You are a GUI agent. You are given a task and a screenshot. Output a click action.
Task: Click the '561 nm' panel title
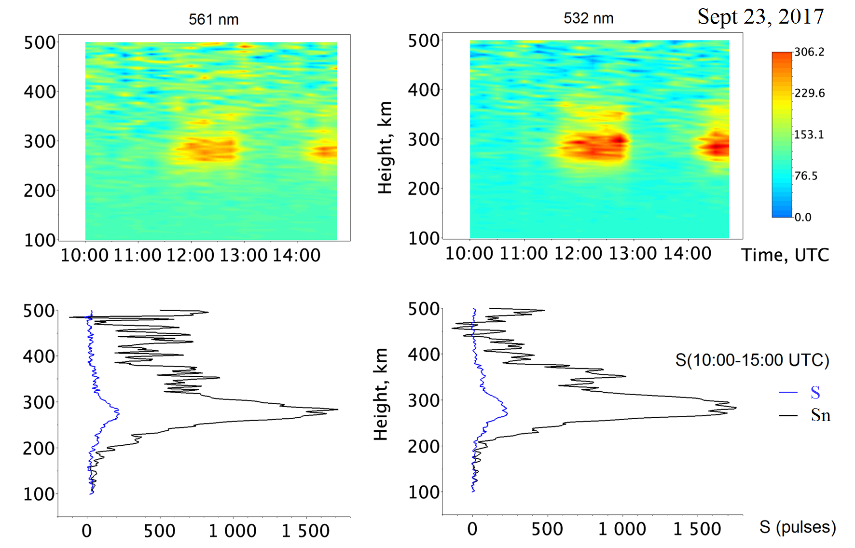click(x=213, y=19)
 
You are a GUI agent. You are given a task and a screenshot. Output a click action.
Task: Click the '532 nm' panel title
click(x=588, y=18)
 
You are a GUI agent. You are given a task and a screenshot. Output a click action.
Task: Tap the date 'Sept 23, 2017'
click(x=760, y=16)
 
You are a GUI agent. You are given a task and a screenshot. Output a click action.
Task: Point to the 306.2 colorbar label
click(x=809, y=52)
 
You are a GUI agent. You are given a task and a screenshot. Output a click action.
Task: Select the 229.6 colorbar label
click(x=809, y=93)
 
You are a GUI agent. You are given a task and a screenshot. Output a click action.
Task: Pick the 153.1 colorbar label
click(x=809, y=135)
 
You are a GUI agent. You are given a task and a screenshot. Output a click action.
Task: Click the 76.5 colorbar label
click(x=806, y=176)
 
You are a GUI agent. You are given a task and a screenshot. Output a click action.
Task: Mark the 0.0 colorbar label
click(x=803, y=217)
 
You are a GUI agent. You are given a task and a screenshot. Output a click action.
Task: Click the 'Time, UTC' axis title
click(x=785, y=255)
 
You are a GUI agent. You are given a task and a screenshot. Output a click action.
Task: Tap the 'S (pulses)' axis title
click(x=797, y=527)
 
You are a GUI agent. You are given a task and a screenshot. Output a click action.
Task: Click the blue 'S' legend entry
click(x=815, y=393)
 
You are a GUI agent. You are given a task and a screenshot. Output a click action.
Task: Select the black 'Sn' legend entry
click(x=820, y=415)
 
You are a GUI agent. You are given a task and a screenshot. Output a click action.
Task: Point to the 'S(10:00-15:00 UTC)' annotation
click(x=752, y=360)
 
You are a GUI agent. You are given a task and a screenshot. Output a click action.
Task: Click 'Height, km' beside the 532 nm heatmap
click(x=385, y=148)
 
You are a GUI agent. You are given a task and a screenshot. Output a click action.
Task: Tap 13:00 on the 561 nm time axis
click(x=243, y=255)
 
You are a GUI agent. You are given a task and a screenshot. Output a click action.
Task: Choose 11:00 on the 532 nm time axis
click(x=524, y=253)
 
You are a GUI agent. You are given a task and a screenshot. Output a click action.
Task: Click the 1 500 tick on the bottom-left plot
click(x=305, y=531)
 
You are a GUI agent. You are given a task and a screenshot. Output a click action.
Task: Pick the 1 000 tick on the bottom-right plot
click(x=622, y=529)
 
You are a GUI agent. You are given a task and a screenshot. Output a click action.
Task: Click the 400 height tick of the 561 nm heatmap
click(x=40, y=92)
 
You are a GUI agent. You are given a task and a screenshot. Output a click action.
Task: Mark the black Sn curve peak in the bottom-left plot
click(x=338, y=410)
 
